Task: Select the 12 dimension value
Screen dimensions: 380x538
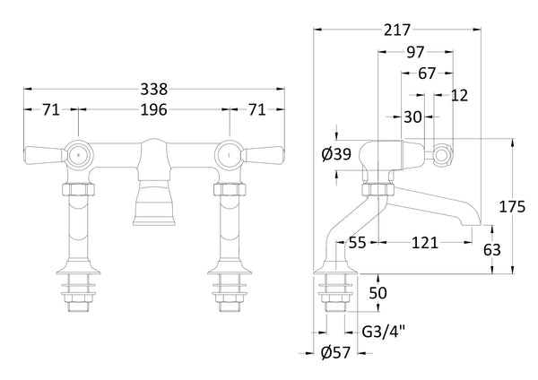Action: pyautogui.click(x=460, y=96)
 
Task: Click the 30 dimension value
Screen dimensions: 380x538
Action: pyautogui.click(x=412, y=117)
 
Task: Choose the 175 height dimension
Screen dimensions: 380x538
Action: pyautogui.click(x=511, y=207)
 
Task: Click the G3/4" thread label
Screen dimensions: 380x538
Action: pyautogui.click(x=383, y=331)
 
